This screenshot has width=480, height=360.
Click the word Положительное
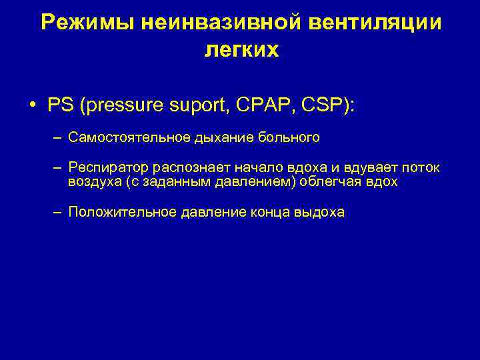pos(123,213)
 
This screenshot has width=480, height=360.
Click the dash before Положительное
pos(58,213)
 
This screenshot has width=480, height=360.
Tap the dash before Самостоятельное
pos(58,138)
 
